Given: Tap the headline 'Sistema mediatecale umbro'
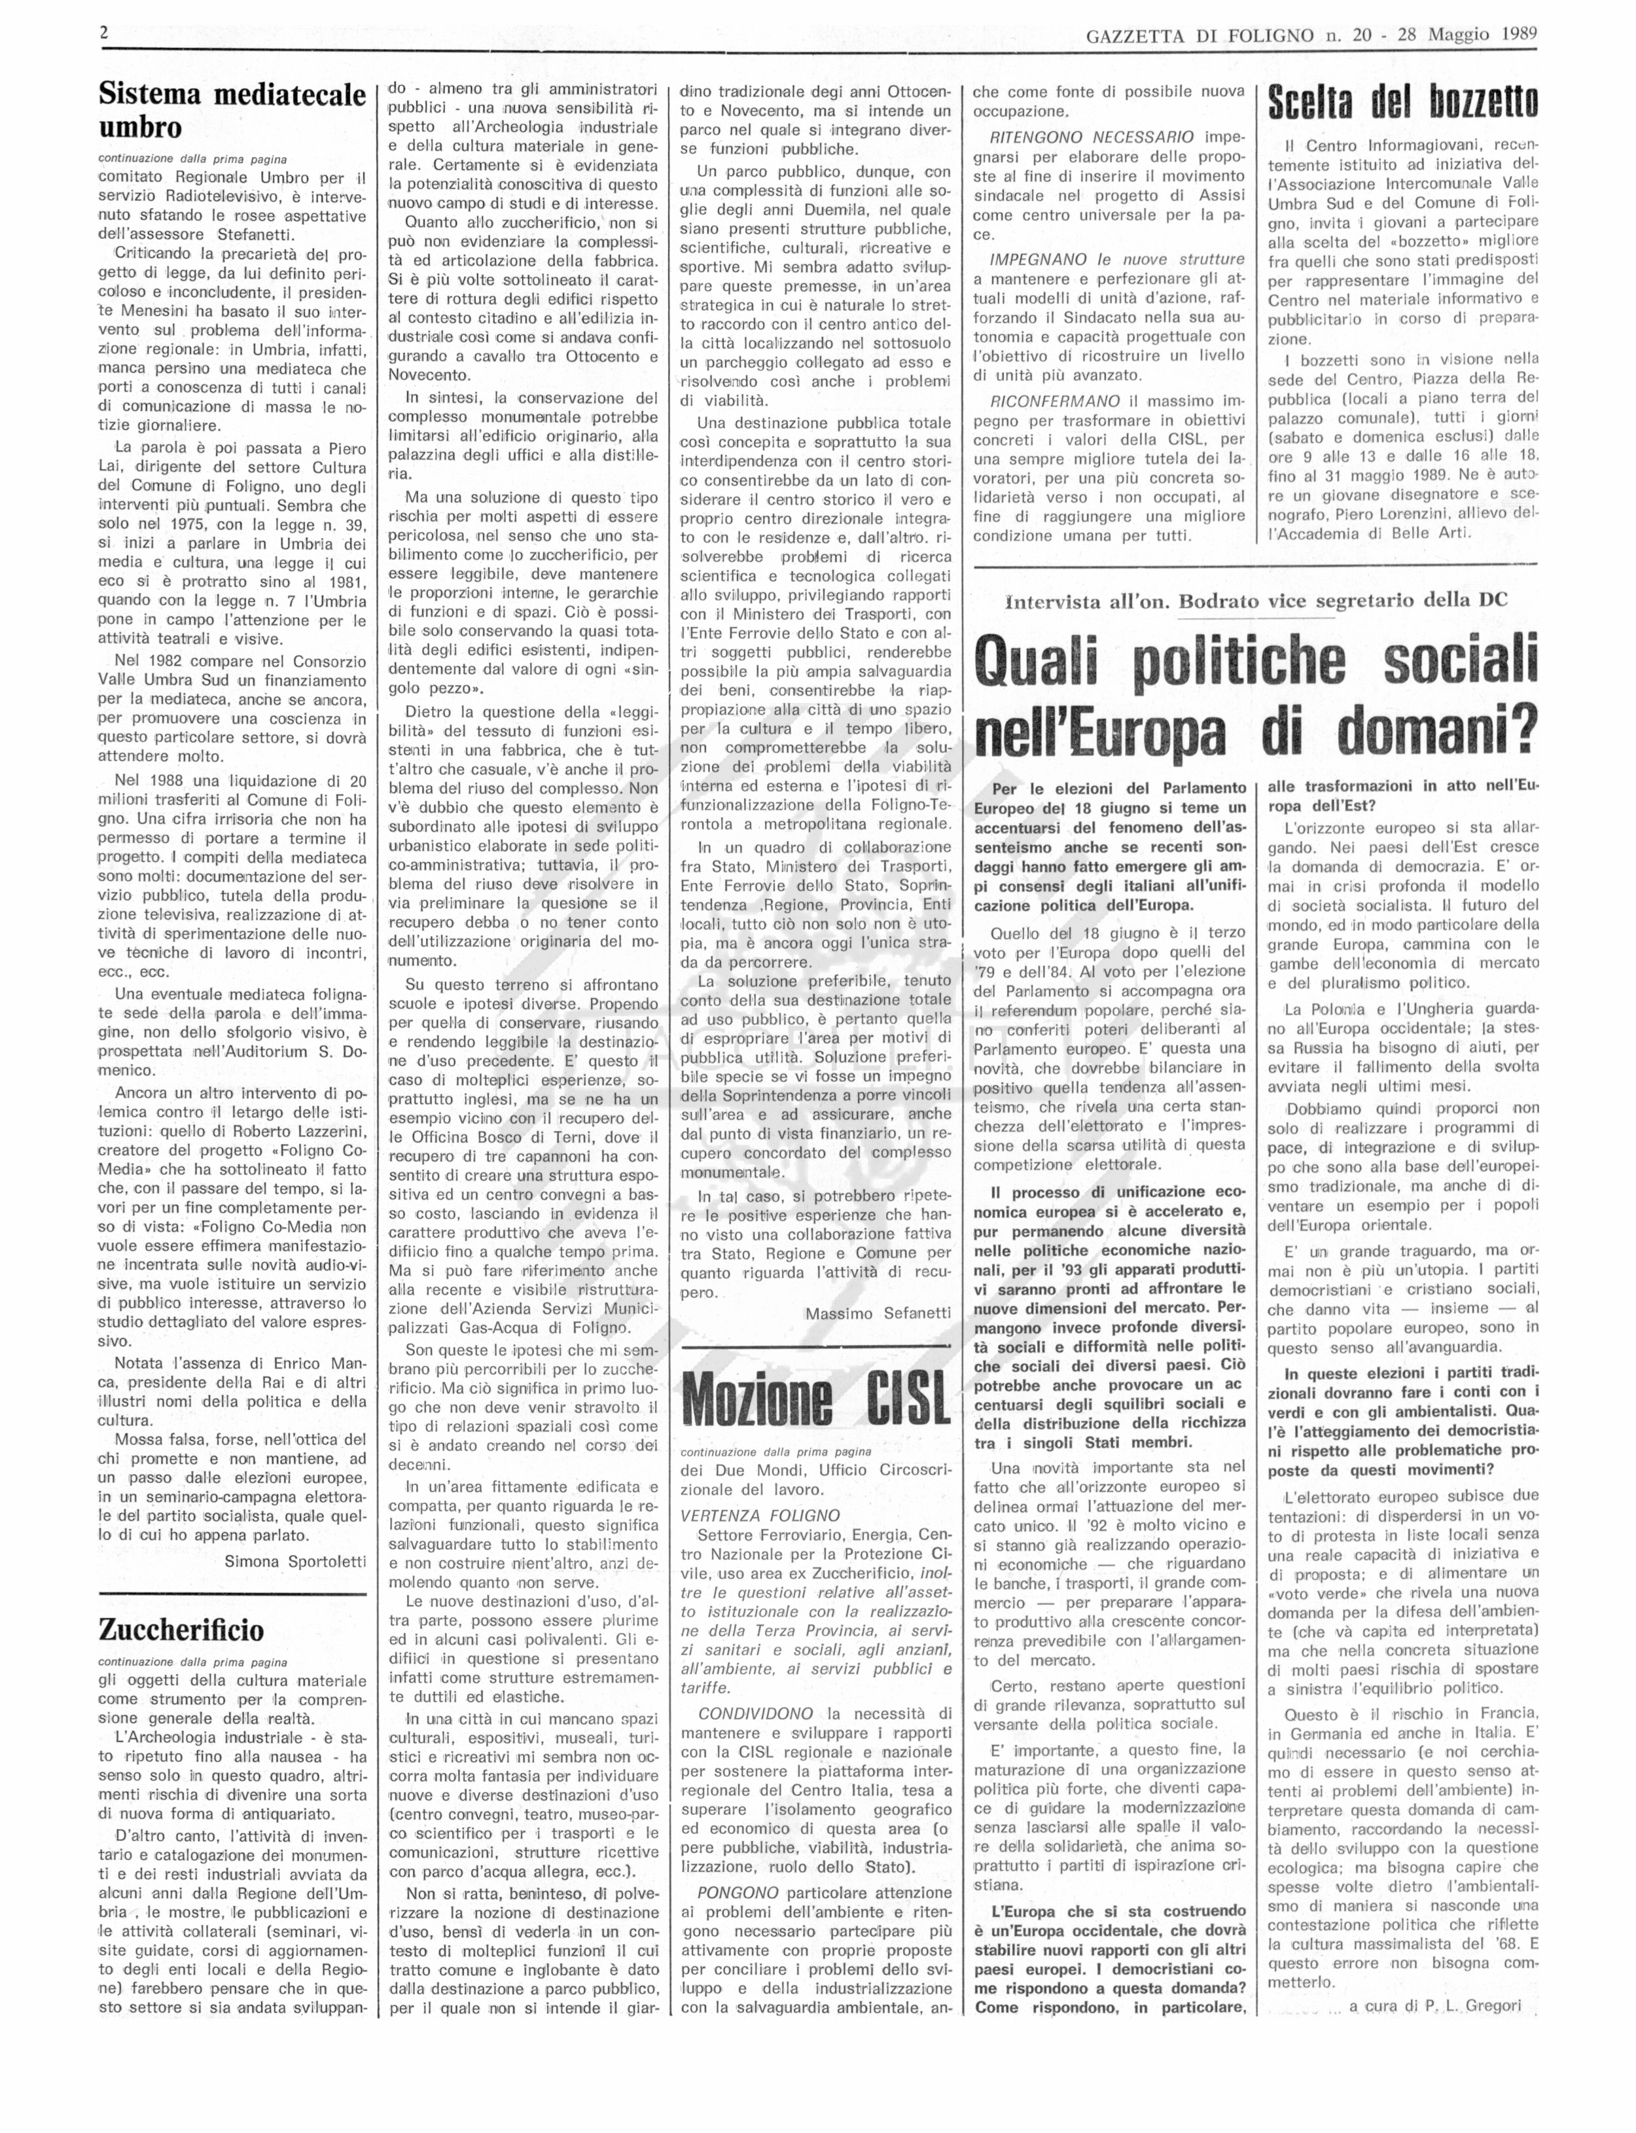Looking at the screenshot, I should coord(232,110).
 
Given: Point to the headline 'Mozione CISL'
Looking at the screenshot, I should coord(815,1399).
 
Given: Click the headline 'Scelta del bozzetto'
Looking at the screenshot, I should coord(1402,101).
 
